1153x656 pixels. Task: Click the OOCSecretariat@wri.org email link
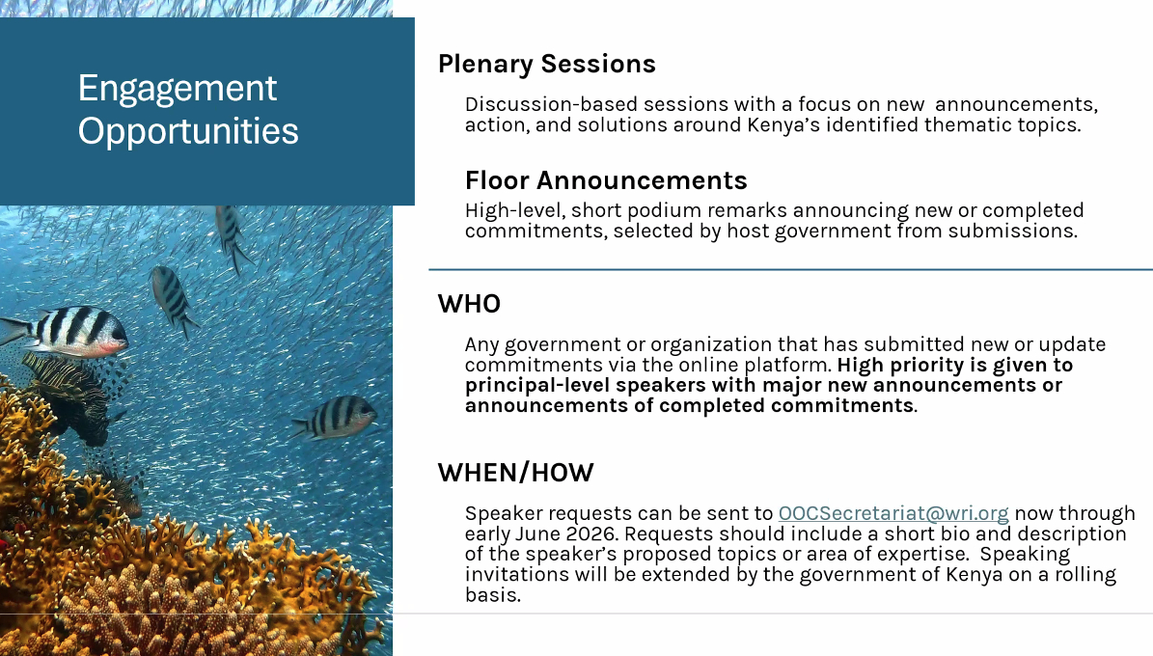pos(893,513)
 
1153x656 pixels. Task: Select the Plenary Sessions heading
pos(546,64)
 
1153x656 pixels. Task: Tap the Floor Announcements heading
pos(606,180)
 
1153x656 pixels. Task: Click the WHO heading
pos(469,304)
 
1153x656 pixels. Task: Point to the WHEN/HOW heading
pos(515,472)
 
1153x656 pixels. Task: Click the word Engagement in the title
pos(178,89)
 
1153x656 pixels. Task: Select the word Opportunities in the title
pos(188,131)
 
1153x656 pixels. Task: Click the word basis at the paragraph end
pos(493,594)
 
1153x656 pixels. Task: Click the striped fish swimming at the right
pos(335,417)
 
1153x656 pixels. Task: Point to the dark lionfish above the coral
pos(69,397)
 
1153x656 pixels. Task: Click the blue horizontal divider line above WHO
pos(790,270)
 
